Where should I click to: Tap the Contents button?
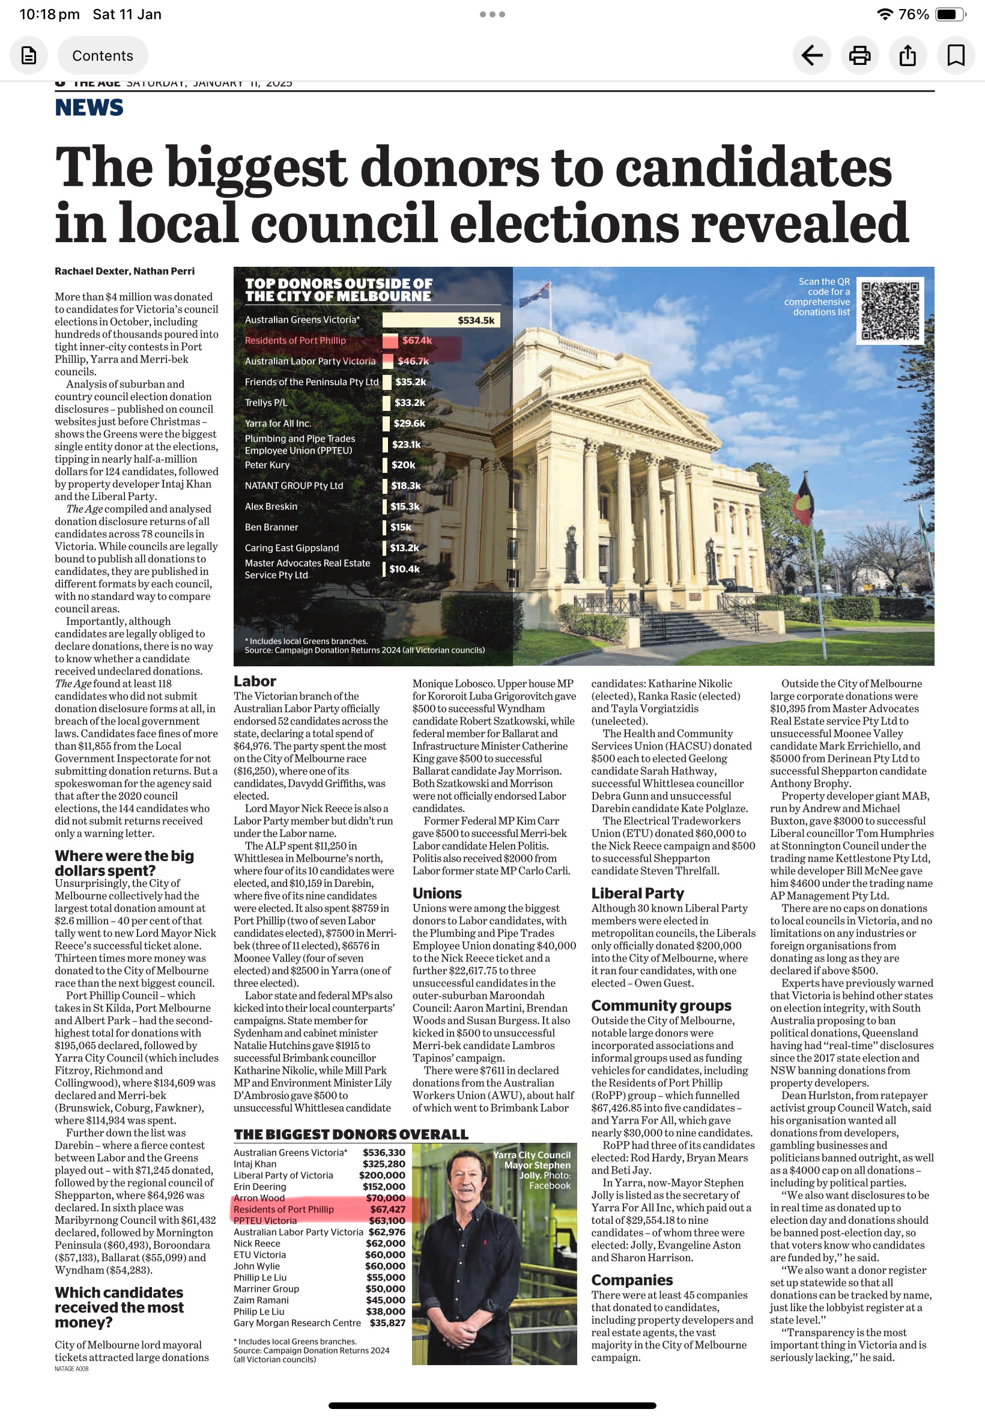103,55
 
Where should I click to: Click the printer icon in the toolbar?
859,55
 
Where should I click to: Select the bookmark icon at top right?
956,55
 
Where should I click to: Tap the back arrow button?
811,55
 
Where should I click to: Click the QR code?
890,311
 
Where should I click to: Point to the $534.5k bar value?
475,320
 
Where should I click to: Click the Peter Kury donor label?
267,465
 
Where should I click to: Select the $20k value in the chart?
403,465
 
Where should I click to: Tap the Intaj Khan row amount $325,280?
384,1164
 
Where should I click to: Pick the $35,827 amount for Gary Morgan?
387,1323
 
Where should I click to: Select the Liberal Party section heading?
637,893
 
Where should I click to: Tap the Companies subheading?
631,1280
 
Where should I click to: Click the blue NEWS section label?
89,108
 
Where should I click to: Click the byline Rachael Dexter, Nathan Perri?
124,271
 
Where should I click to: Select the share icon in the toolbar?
908,55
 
